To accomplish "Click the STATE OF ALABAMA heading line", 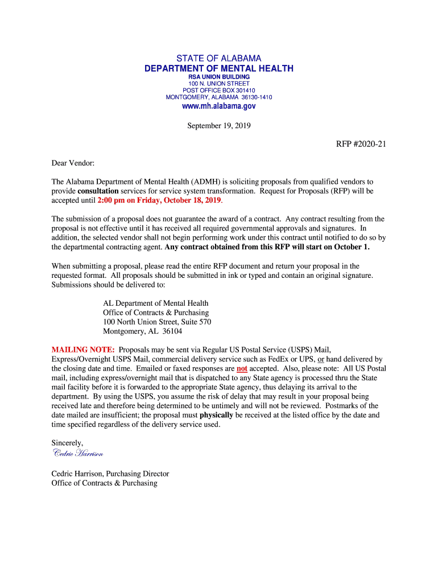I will (x=219, y=59).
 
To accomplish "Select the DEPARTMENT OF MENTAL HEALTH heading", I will (x=219, y=69).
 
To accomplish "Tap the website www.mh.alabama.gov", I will (x=219, y=106).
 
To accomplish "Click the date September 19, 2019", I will (x=219, y=126).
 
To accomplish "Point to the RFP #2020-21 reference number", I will (x=361, y=144).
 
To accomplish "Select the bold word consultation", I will (x=98, y=191).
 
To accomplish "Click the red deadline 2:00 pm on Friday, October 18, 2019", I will (x=159, y=201).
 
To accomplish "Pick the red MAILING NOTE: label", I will (x=83, y=350).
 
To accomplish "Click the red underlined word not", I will (x=242, y=368).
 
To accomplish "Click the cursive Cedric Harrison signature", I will (x=77, y=453).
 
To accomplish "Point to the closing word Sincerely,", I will (x=68, y=443).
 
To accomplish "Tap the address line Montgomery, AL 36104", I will (x=142, y=331).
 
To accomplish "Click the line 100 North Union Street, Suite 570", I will (x=157, y=322).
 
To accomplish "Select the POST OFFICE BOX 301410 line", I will (x=219, y=91).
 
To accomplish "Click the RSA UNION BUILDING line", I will (x=219, y=77).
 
